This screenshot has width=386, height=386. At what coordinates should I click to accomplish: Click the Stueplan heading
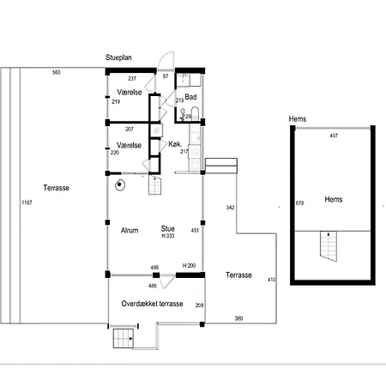tap(118, 57)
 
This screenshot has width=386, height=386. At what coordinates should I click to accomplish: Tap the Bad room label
tap(190, 97)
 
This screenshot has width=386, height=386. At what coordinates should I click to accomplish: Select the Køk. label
tap(175, 144)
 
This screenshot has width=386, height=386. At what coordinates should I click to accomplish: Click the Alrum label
tap(130, 230)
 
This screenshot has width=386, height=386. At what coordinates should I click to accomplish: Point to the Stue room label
tap(168, 228)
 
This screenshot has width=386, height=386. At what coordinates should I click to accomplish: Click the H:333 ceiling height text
tap(168, 236)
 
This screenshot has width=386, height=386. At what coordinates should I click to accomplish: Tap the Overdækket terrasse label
tap(152, 304)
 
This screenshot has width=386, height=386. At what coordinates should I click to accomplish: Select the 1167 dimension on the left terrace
tap(27, 202)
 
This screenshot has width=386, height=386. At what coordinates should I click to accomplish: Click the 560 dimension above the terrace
tap(57, 72)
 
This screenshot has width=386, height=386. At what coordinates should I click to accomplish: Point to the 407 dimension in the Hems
tap(334, 136)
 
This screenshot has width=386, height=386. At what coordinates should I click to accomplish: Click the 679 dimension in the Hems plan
tap(299, 203)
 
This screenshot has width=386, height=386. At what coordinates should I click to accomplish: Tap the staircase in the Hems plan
tap(329, 246)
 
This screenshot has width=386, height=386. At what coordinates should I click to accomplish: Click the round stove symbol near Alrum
tap(120, 185)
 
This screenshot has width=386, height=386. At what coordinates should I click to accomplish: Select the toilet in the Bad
tap(195, 113)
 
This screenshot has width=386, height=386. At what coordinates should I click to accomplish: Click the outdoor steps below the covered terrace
tap(124, 339)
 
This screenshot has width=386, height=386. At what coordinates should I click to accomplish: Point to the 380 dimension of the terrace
tap(238, 318)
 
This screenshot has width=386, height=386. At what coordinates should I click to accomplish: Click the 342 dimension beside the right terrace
tap(230, 208)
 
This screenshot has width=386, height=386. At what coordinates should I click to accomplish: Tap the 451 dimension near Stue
tap(195, 230)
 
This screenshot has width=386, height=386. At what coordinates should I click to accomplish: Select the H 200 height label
tap(189, 266)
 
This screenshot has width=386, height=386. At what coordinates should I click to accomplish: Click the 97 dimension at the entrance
tap(166, 76)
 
